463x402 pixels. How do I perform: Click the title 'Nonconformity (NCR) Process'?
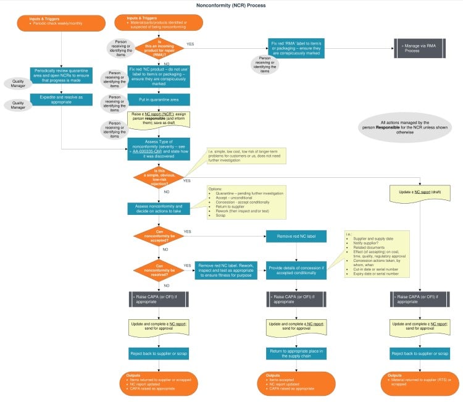tap(231, 6)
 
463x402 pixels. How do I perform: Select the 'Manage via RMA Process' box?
tap(419, 48)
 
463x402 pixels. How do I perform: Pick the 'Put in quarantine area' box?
tap(159, 99)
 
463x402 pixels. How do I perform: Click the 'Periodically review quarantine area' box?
tap(61, 76)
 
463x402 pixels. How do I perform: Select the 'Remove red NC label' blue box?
tap(297, 235)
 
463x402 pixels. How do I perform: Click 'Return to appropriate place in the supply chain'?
tap(297, 353)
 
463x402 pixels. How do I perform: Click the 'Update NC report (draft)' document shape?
tap(419, 192)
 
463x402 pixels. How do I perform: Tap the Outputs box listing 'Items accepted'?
tap(297, 382)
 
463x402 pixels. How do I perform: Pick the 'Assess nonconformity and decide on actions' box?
tap(159, 209)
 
